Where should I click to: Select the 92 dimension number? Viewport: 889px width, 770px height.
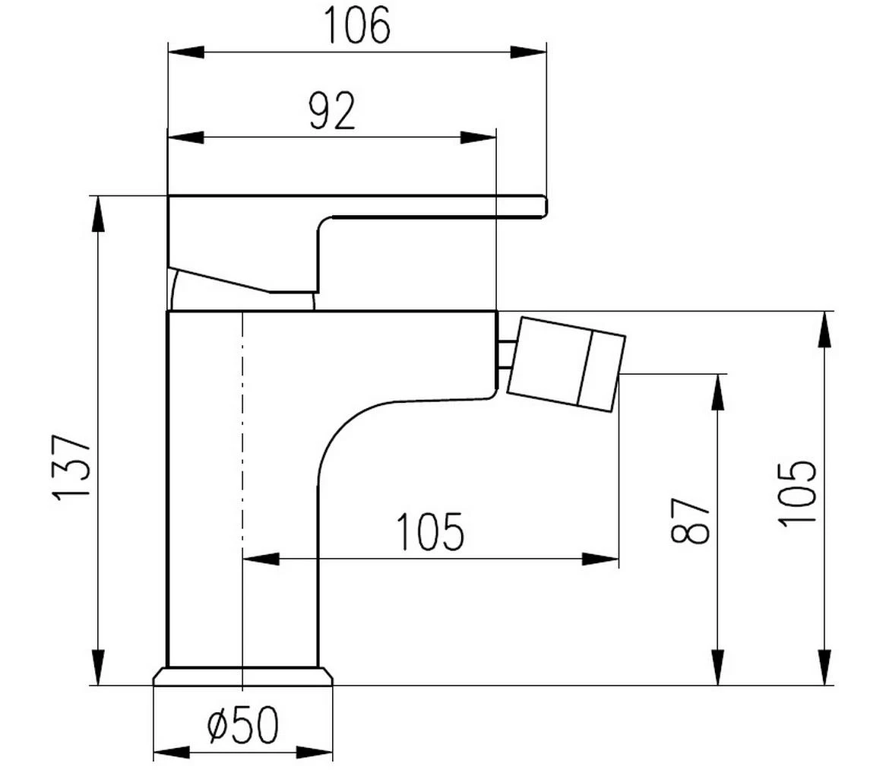[x=332, y=112]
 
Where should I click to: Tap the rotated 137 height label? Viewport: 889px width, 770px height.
[x=73, y=467]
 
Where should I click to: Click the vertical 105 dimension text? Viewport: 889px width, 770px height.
[x=797, y=493]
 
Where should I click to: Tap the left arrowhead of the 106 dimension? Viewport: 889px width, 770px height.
[x=185, y=52]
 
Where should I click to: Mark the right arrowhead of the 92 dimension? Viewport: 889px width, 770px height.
[x=479, y=138]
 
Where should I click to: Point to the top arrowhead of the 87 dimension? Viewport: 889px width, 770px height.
[x=717, y=392]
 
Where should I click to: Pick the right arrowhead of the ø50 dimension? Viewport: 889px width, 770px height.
[x=315, y=753]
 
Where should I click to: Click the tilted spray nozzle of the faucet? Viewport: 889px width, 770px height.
[x=565, y=366]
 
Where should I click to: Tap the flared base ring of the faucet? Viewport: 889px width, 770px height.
[x=243, y=677]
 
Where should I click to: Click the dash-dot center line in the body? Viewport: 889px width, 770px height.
[x=242, y=456]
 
